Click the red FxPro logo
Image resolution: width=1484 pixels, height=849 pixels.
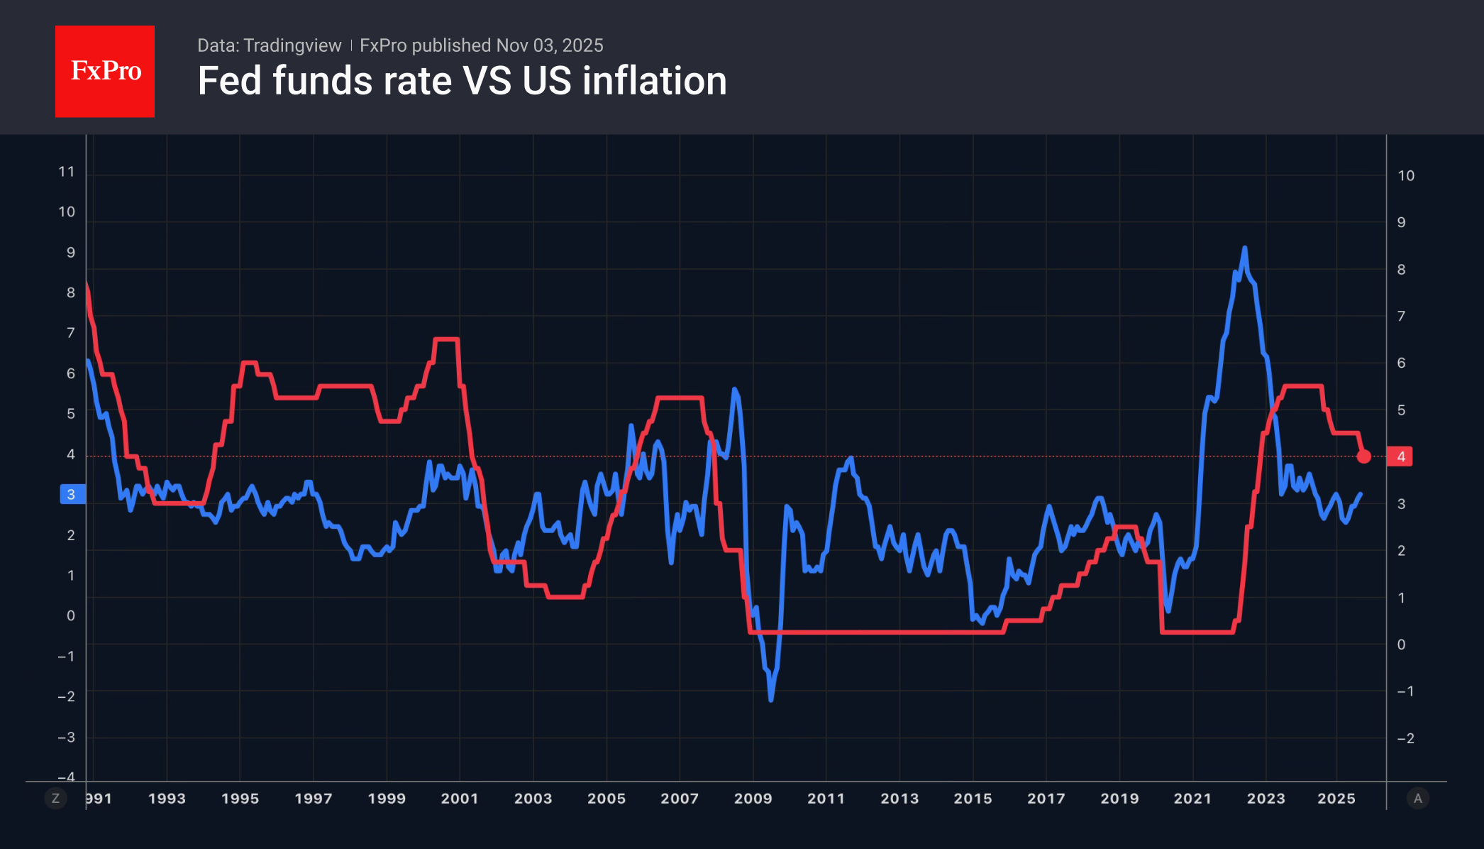point(105,71)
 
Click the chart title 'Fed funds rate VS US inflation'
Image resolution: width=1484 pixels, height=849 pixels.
point(462,81)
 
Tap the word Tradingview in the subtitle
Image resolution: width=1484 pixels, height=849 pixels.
point(292,45)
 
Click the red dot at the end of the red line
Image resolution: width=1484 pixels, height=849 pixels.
point(1363,456)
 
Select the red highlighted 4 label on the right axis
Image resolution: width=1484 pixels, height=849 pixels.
point(1400,456)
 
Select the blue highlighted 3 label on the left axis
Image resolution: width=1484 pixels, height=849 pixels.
point(72,494)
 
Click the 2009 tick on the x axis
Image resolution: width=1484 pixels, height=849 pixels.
point(753,799)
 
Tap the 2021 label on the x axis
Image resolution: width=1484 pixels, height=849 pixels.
point(1192,799)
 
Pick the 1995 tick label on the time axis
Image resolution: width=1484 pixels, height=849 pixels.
point(240,799)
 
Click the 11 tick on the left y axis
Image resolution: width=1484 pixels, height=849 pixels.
point(67,172)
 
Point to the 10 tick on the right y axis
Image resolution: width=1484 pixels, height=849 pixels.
point(1405,176)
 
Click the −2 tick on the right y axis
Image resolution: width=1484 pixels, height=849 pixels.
point(1405,738)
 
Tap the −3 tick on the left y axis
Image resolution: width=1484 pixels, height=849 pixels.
point(67,738)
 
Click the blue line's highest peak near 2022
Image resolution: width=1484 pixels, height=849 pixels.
point(1244,249)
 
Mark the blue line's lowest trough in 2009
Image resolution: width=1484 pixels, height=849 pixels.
point(771,699)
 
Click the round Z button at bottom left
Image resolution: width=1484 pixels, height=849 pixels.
point(56,799)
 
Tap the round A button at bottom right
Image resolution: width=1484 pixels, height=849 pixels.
point(1417,799)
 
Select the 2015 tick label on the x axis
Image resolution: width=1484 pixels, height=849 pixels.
point(973,799)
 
